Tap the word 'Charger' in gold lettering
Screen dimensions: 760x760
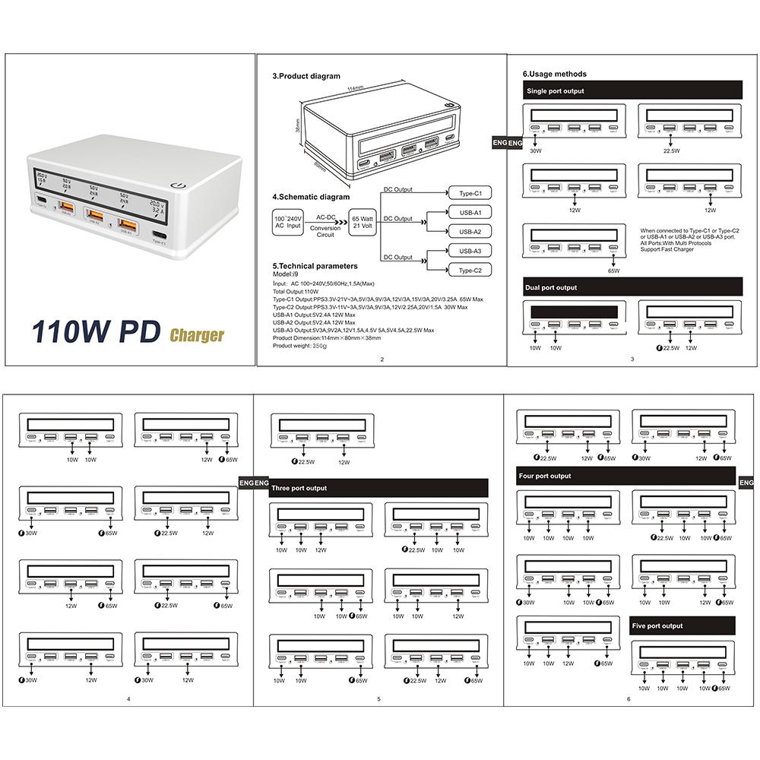tap(197, 334)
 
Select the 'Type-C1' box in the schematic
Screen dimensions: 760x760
tap(470, 192)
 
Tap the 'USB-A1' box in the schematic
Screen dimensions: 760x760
tap(470, 212)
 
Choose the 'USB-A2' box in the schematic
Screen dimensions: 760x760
tap(470, 231)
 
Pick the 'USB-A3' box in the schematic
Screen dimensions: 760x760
tap(470, 250)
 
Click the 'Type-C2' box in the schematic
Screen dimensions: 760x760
tap(470, 270)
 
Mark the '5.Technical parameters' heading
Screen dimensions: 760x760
tap(314, 267)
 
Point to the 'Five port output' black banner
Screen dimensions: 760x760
tap(682, 626)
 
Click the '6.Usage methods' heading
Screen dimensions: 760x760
tap(554, 74)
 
